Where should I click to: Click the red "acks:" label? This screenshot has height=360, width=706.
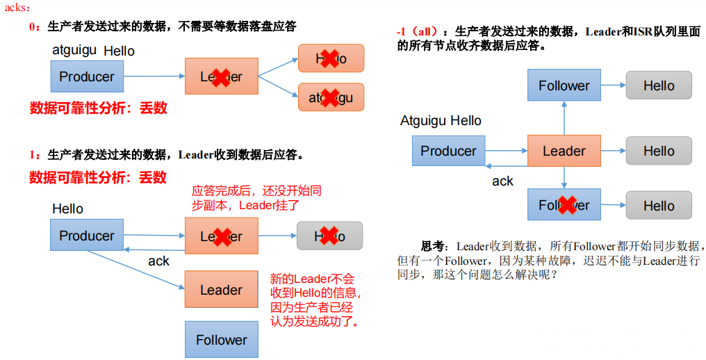tap(17, 8)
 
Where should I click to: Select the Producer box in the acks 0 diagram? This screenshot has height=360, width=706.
tap(87, 76)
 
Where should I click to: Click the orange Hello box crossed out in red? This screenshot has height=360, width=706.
tap(331, 58)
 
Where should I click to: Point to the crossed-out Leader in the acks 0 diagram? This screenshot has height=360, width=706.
tap(221, 76)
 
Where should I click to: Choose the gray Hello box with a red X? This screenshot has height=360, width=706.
tap(329, 236)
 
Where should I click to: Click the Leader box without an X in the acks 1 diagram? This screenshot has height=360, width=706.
tap(221, 290)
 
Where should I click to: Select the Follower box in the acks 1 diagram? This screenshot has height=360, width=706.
tap(221, 340)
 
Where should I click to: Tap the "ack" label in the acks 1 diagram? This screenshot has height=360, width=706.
tap(158, 261)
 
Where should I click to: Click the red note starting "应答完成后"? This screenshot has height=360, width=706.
tap(256, 198)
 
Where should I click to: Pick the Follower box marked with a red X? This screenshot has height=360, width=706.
tap(564, 205)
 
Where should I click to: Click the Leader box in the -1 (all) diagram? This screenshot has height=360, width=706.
tap(564, 151)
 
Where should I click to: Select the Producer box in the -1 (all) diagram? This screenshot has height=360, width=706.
tap(448, 151)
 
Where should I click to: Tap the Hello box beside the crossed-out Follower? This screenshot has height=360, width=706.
tap(658, 206)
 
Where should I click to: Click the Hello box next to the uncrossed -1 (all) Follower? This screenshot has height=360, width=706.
tap(658, 85)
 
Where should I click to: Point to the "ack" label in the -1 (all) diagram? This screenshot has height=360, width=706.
tap(502, 181)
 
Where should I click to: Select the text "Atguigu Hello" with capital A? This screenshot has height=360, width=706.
tap(441, 121)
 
